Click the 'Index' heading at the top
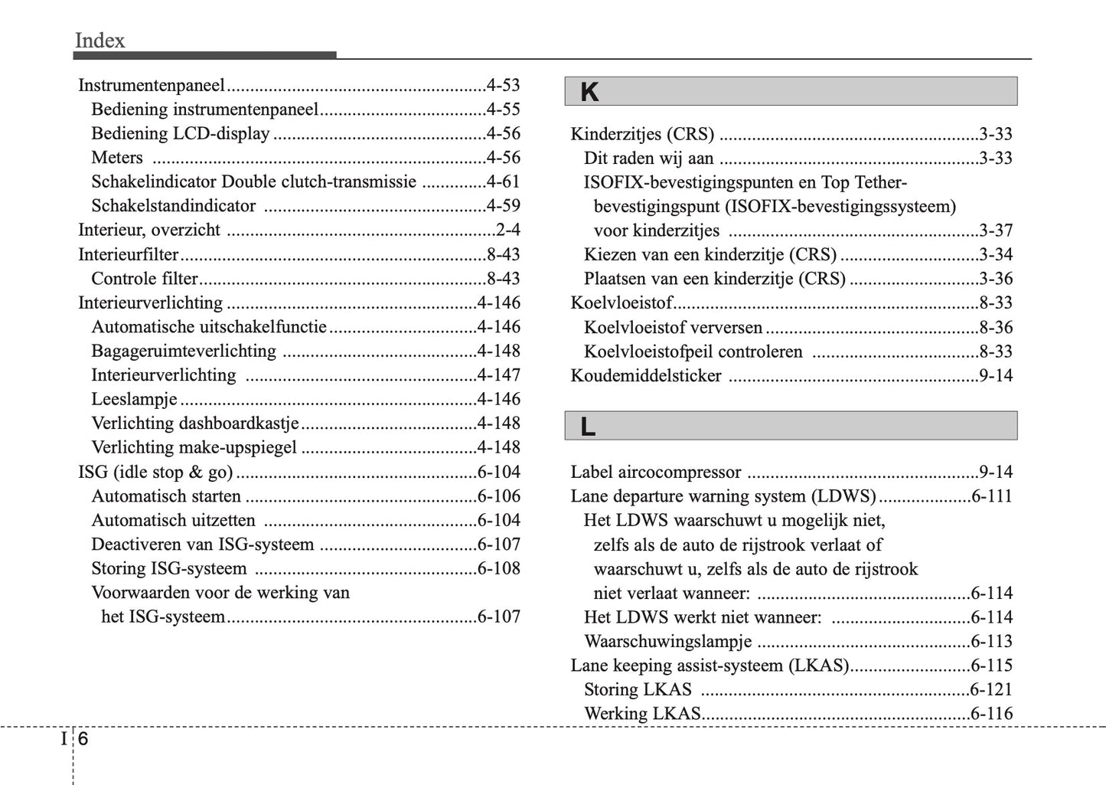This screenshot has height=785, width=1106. tap(100, 40)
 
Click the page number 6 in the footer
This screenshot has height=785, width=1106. tap(83, 739)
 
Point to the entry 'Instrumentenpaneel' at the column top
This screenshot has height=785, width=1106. tap(152, 85)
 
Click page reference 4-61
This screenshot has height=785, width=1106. tap(503, 182)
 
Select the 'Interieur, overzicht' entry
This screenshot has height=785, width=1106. tap(149, 230)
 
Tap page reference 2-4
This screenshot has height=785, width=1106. tap(507, 230)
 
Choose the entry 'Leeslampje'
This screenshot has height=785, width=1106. tap(134, 399)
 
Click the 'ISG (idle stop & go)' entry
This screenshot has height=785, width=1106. tap(155, 472)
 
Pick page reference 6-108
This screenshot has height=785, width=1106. tap(498, 568)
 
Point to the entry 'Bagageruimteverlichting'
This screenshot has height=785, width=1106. tap(184, 351)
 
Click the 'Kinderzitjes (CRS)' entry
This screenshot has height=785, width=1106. tap(642, 134)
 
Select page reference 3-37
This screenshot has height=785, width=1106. tap(995, 231)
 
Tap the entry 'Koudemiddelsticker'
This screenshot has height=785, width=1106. tap(646, 376)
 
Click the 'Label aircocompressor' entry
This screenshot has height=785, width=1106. tap(656, 473)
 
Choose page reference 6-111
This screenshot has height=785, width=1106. tap(991, 496)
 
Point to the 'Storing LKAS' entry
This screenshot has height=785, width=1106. tap(638, 689)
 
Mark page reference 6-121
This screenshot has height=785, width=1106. tap(991, 689)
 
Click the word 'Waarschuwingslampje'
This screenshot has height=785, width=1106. tap(667, 641)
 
